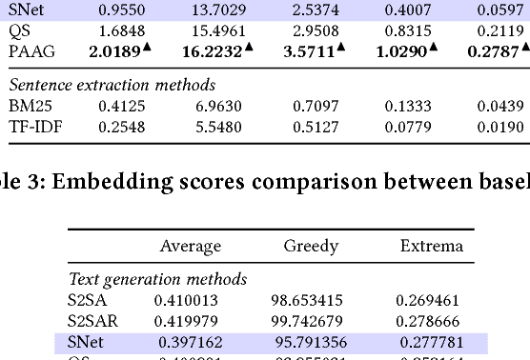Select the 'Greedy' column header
click(311, 246)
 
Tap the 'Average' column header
click(190, 246)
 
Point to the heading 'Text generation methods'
click(157, 279)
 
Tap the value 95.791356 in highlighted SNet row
click(311, 341)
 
